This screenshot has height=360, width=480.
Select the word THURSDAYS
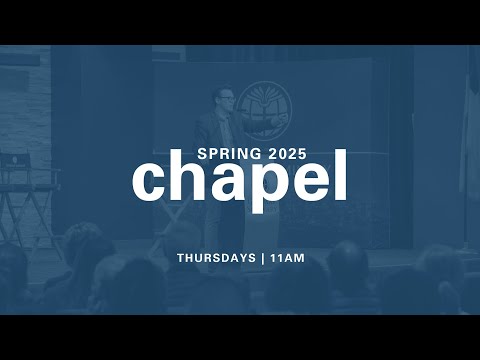pyautogui.click(x=217, y=257)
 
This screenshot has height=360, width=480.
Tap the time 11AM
pyautogui.click(x=287, y=257)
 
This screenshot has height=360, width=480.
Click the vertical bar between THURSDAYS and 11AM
pyautogui.click(x=263, y=257)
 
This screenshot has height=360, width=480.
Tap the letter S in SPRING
pyautogui.click(x=201, y=155)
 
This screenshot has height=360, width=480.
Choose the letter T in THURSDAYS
pyautogui.click(x=181, y=257)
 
